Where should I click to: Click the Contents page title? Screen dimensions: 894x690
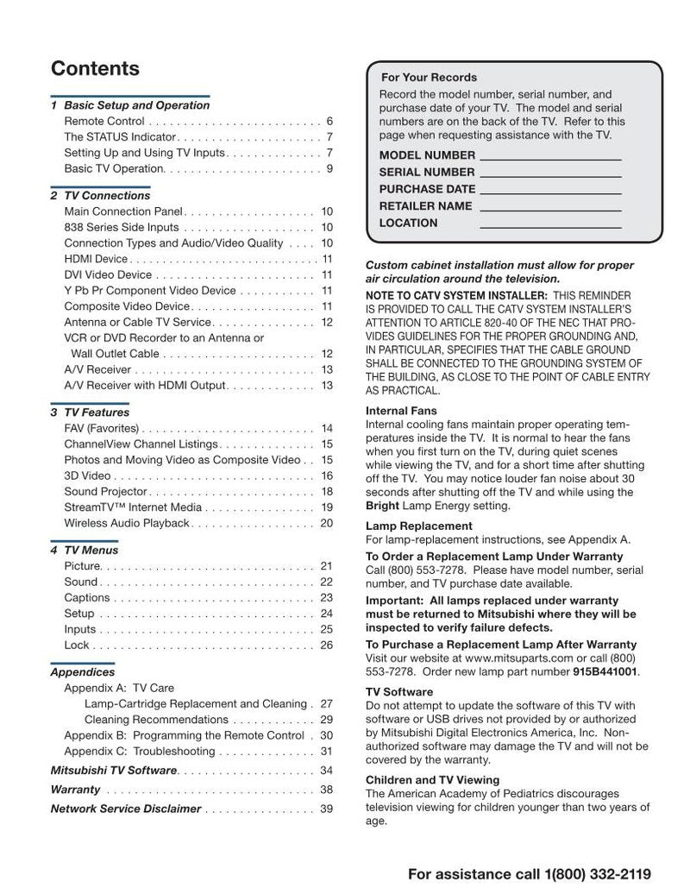pos(95,68)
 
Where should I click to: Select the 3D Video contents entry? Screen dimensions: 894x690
pos(87,475)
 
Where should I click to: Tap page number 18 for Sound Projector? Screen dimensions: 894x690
pos(327,491)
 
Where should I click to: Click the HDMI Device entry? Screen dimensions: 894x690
pos(96,259)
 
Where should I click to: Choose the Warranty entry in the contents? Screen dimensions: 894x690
pos(75,790)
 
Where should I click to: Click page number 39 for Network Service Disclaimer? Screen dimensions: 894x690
pos(326,809)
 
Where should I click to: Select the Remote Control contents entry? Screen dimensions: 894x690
pos(104,122)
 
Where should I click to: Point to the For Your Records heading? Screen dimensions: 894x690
pos(429,78)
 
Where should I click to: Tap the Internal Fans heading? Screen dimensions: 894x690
pos(401,411)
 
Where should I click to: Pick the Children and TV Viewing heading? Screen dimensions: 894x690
pos(432,780)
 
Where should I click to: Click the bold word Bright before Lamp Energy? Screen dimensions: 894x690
pos(382,506)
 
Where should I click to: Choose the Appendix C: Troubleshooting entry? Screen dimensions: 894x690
pos(139,752)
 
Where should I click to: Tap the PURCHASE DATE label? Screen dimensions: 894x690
pos(427,189)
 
